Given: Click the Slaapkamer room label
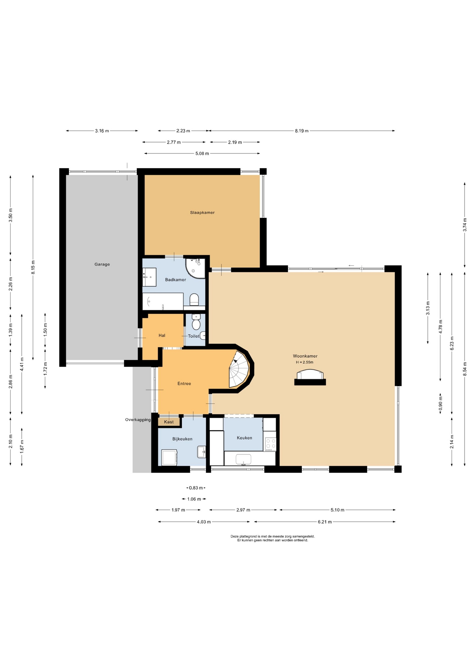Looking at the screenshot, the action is (x=202, y=212).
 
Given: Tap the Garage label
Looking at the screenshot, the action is (x=102, y=264).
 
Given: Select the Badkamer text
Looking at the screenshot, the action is (x=176, y=280).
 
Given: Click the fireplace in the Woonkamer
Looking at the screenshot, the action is (x=310, y=377).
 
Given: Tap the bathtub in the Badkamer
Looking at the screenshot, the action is (x=163, y=301).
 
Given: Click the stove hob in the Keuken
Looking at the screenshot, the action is (x=270, y=444).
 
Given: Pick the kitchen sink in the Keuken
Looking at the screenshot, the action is (x=244, y=460).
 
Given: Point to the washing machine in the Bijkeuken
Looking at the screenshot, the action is (x=170, y=457).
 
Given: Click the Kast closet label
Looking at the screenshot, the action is (x=169, y=422).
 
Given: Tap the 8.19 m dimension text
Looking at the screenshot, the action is (x=302, y=131).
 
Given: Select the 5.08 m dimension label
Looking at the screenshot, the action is (x=202, y=153).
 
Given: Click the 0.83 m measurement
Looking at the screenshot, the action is (x=196, y=488).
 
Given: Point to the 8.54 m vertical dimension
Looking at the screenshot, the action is (x=465, y=369).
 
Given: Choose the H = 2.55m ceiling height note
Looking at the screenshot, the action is (x=305, y=362).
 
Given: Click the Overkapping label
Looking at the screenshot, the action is (x=138, y=420).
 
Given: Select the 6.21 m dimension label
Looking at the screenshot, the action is (x=325, y=522).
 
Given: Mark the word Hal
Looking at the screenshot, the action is (x=162, y=335).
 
